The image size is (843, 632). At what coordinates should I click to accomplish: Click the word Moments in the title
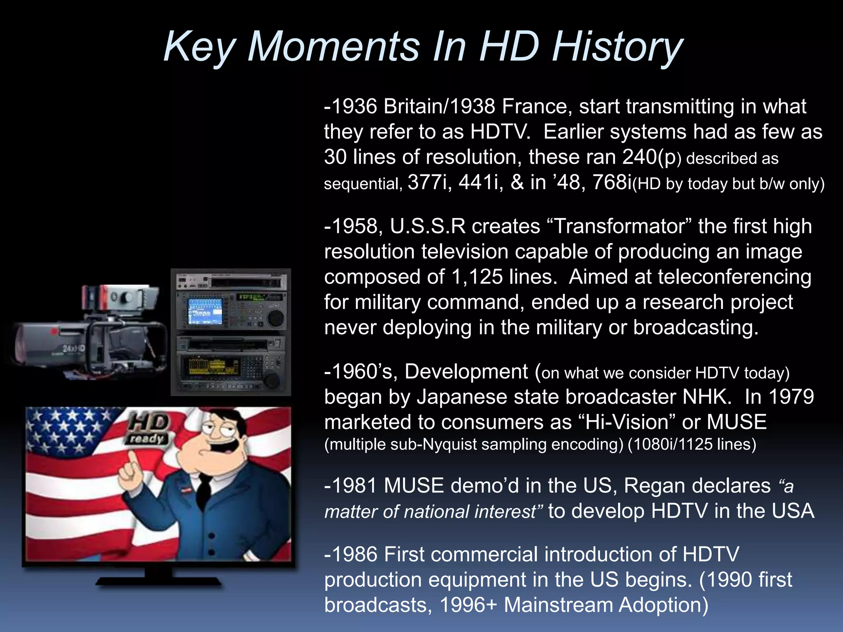pyautogui.click(x=333, y=47)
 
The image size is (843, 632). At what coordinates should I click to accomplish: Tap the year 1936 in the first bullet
pyautogui.click(x=354, y=107)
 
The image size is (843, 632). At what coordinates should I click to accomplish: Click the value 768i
pyautogui.click(x=612, y=182)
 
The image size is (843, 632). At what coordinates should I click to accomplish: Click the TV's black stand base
pyautogui.click(x=158, y=581)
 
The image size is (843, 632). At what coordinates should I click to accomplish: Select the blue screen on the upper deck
pyautogui.click(x=205, y=311)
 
